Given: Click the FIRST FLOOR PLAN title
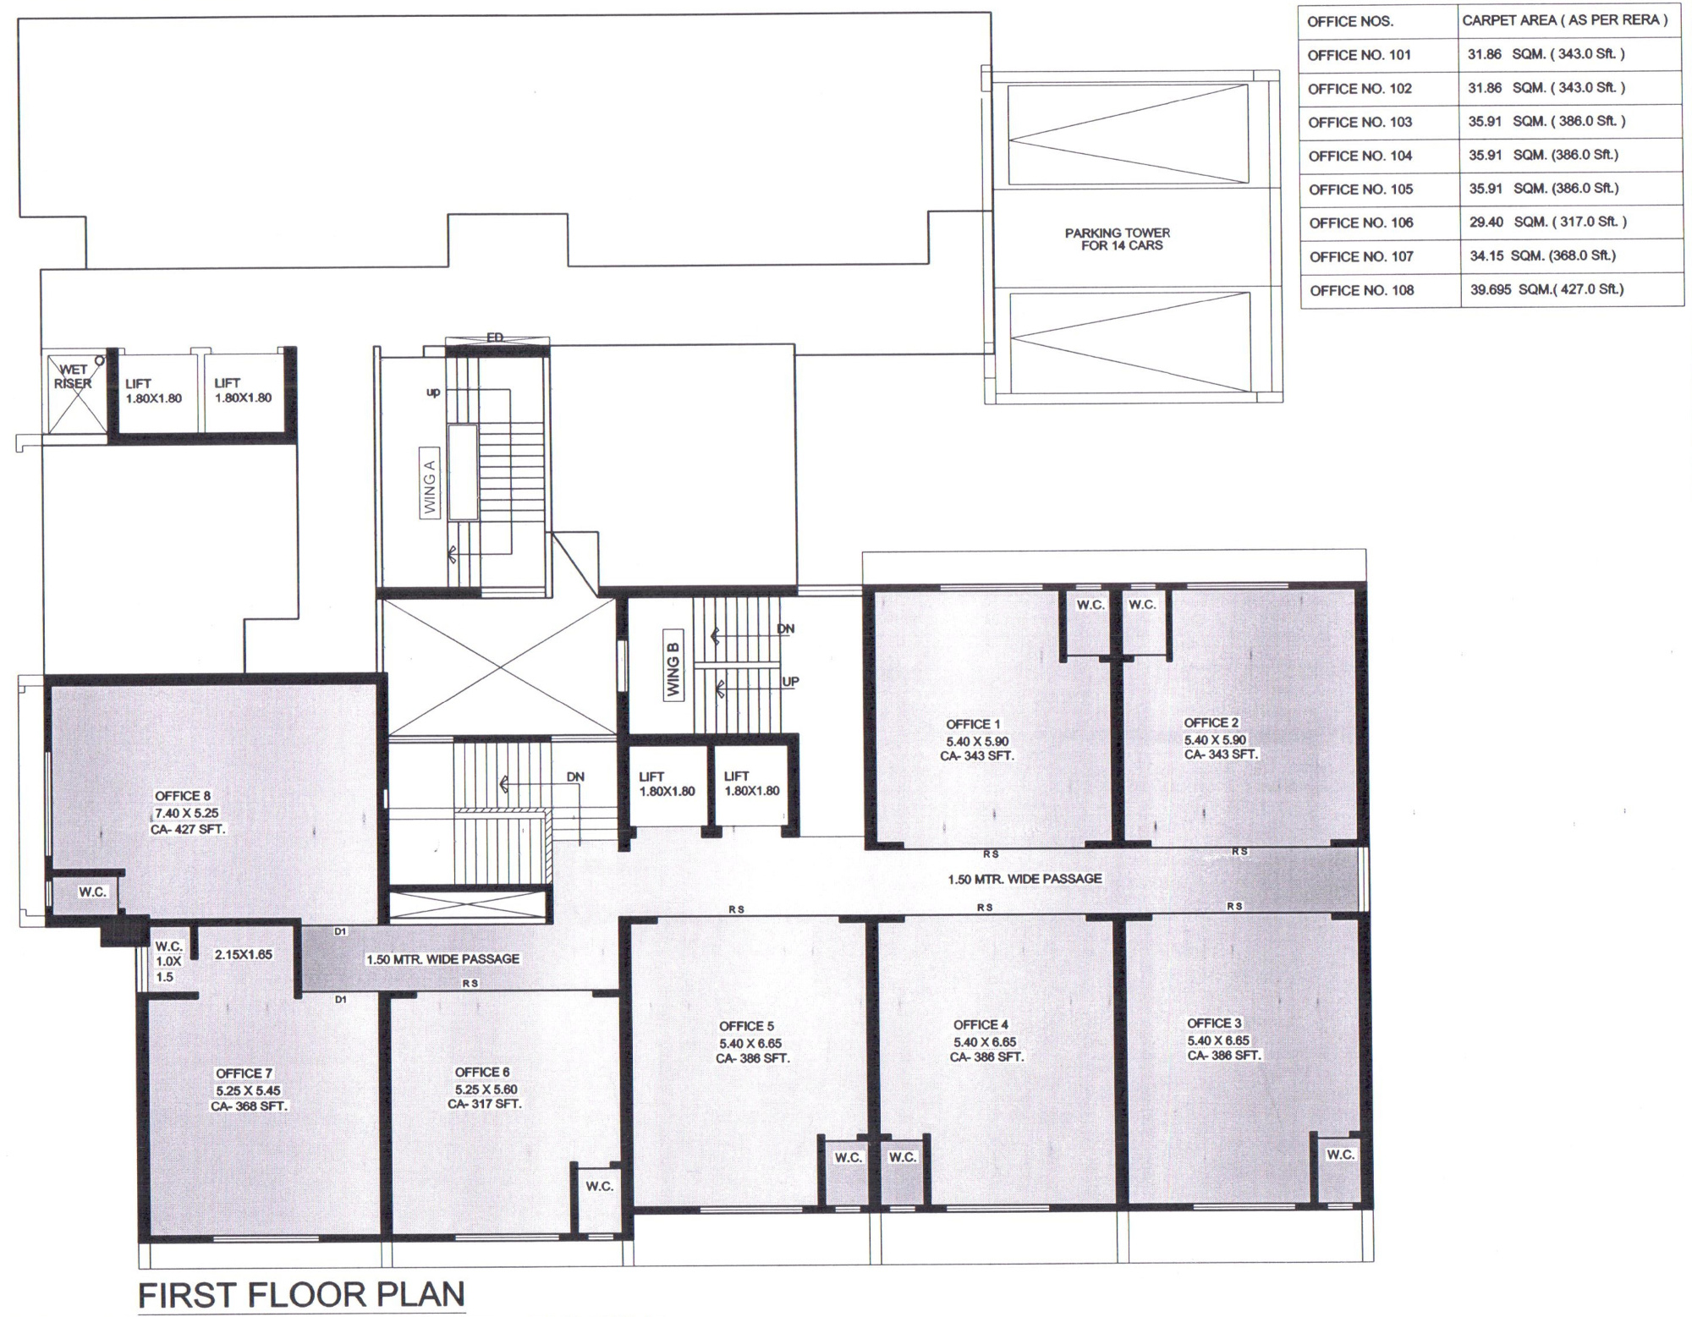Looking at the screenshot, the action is [301, 1294].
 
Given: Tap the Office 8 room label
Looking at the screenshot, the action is [183, 796].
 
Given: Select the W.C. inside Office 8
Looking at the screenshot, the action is [92, 892].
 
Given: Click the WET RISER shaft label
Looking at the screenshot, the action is [73, 376].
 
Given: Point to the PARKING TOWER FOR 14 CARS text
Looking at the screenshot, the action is [1118, 239].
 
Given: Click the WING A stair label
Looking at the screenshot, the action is [430, 487].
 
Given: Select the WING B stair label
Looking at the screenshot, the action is [673, 669].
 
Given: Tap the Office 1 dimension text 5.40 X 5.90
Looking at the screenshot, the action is [977, 741].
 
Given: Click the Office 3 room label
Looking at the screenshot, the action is [1214, 1023].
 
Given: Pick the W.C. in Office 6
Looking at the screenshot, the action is [600, 1187].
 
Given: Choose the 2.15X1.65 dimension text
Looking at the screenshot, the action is [244, 954].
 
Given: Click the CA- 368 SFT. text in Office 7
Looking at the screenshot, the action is [250, 1106].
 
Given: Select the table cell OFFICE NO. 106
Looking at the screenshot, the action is [1361, 223].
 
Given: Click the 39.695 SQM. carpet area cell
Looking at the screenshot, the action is [1546, 289].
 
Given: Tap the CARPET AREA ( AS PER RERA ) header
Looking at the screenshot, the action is [1565, 20].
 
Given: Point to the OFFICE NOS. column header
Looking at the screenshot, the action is [1350, 22].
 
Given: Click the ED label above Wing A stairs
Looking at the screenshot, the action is [495, 337].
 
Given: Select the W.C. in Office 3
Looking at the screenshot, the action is [1340, 1155].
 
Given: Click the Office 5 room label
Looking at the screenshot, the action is [746, 1026].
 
